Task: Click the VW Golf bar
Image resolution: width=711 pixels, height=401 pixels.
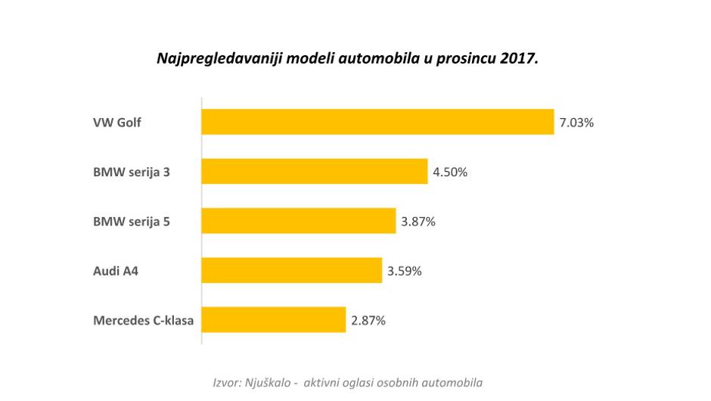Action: pos(377,122)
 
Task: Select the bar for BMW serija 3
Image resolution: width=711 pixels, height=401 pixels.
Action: pos(314,172)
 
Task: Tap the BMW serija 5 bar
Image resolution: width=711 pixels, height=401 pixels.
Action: pos(298,221)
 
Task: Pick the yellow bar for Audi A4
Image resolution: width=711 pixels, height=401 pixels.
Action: pos(291,270)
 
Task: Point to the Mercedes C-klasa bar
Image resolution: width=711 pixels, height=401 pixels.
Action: pos(273,320)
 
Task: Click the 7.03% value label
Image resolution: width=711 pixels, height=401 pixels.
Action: pos(576,122)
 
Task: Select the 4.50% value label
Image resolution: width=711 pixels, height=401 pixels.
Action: pos(450,172)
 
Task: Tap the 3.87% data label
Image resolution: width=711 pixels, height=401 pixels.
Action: pos(418,221)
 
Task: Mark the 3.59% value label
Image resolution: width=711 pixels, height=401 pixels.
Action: pos(404,270)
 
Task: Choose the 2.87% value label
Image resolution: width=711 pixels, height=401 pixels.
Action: pos(368,320)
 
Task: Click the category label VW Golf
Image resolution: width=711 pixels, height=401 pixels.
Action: pos(117,123)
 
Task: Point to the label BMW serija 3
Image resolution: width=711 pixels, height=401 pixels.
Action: pos(132,172)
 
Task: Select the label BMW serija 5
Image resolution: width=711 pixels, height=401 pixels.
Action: pos(132,222)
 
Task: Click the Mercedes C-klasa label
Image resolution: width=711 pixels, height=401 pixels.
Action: pos(143,321)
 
